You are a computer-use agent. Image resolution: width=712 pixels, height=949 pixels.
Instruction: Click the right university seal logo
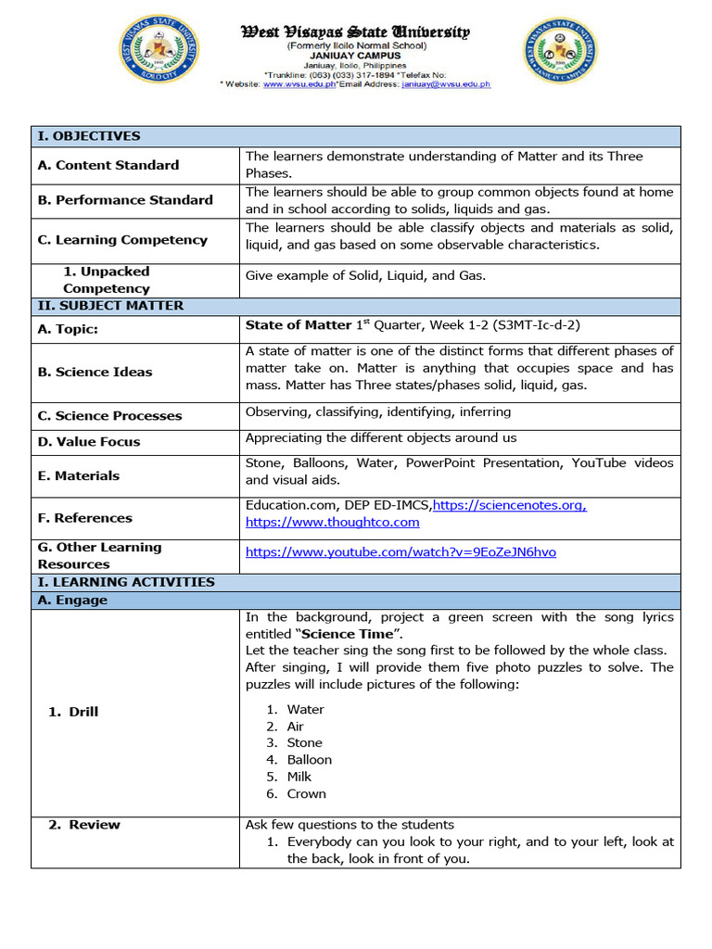[x=560, y=51]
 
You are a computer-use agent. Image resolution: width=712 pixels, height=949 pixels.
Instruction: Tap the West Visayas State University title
[x=356, y=32]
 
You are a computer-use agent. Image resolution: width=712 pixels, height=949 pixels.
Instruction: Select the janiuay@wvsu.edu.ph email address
[x=446, y=84]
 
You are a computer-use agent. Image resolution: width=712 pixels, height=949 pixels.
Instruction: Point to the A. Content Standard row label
[x=108, y=165]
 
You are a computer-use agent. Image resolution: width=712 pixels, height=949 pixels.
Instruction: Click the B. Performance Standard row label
[x=125, y=200]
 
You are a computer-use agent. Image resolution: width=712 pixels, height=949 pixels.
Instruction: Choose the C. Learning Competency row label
[x=122, y=240]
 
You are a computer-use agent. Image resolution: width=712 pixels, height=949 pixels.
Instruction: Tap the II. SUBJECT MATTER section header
[x=110, y=306]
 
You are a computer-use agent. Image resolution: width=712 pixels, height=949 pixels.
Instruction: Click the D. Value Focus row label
[x=89, y=442]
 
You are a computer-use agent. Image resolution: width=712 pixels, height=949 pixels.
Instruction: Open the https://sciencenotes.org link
[x=509, y=505]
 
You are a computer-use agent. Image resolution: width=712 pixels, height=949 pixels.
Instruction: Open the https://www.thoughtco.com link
[x=332, y=523]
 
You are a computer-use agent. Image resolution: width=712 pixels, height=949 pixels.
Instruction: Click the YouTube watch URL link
[x=400, y=552]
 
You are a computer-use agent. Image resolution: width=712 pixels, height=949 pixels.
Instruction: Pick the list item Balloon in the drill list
[x=309, y=760]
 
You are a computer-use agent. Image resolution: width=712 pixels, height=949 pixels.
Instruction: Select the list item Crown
[x=306, y=794]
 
